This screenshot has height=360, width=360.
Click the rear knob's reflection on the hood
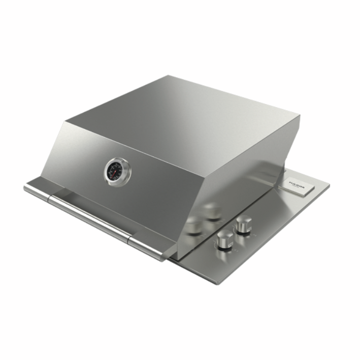pos(212,210)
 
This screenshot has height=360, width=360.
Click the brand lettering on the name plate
pos(296,183)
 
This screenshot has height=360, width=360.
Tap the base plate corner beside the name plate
pos(328,185)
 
